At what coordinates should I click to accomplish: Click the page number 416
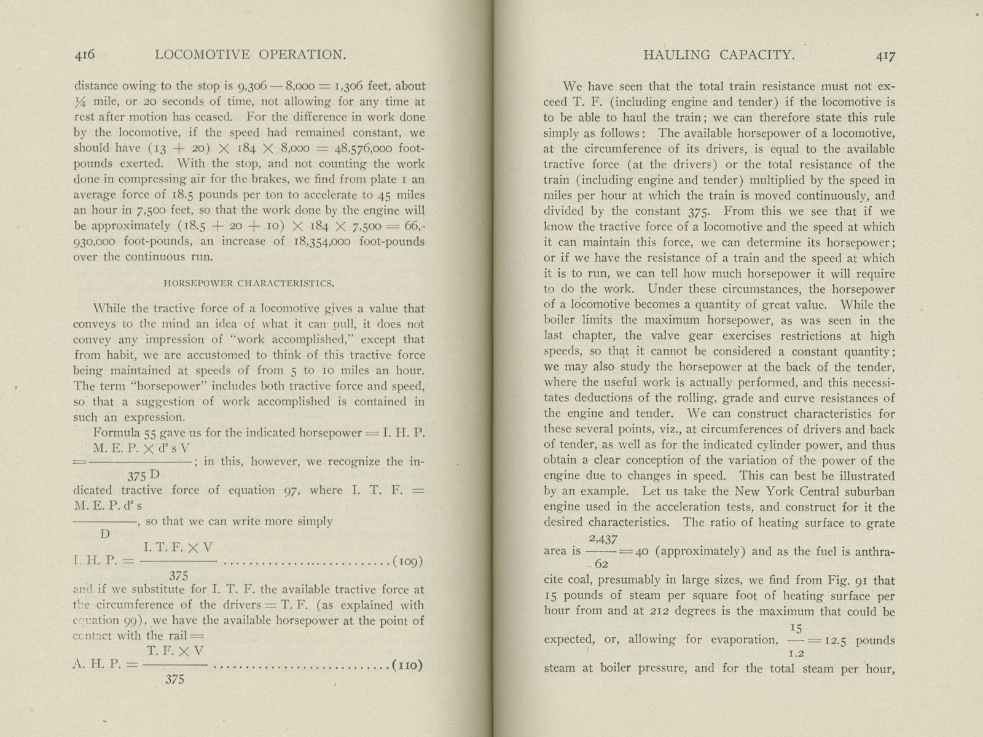(x=85, y=55)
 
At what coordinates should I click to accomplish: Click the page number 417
(x=885, y=55)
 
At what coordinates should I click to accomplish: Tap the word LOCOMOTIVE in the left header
(x=203, y=55)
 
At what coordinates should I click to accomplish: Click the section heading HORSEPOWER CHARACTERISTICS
(x=249, y=283)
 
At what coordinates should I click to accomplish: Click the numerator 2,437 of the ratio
(x=603, y=539)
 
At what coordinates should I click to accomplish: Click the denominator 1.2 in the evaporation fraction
(x=797, y=653)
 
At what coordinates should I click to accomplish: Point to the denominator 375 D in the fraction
(x=144, y=475)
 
